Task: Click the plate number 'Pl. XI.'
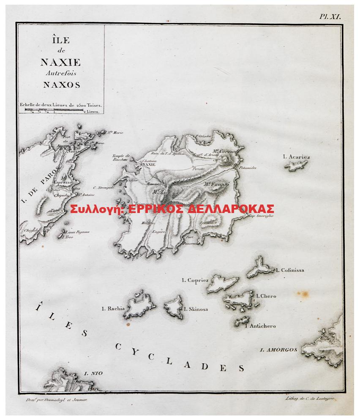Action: coord(330,16)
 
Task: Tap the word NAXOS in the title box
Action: coord(61,85)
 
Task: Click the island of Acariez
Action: coord(298,165)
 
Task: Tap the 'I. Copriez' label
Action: coord(195,280)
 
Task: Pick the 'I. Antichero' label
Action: coord(261,326)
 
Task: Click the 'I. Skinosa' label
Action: coord(196,309)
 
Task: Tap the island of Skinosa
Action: coord(174,306)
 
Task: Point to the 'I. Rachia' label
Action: coord(113,309)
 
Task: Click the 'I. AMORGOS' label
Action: coord(278,350)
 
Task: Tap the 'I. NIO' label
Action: coord(93,373)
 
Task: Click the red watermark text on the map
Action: coord(172,209)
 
